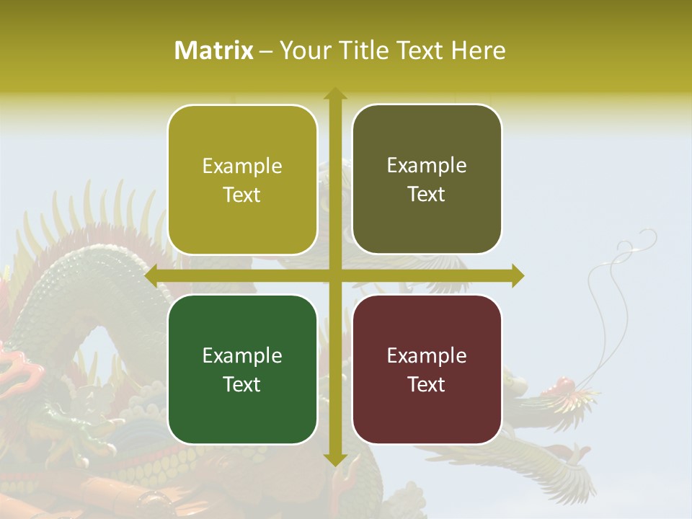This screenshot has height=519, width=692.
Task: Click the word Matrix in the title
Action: pos(214,50)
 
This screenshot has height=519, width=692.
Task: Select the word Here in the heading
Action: pos(478,50)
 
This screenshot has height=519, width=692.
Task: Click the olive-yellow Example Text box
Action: pos(242,179)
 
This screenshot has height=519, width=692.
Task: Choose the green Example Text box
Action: pos(242,369)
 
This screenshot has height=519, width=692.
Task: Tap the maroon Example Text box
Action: pos(427,369)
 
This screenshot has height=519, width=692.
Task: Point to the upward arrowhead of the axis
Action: pos(334,94)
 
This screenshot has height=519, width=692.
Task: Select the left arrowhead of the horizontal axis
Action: pos(151,275)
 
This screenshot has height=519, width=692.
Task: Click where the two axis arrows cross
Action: pos(334,275)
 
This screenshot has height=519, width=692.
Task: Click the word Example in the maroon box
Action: pos(427,355)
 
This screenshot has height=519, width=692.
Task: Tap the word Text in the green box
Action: pos(242,384)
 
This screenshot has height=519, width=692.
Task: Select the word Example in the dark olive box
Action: pos(427,165)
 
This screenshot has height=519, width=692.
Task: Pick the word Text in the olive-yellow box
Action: pos(242,195)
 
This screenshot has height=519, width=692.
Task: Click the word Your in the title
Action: pos(301,50)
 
